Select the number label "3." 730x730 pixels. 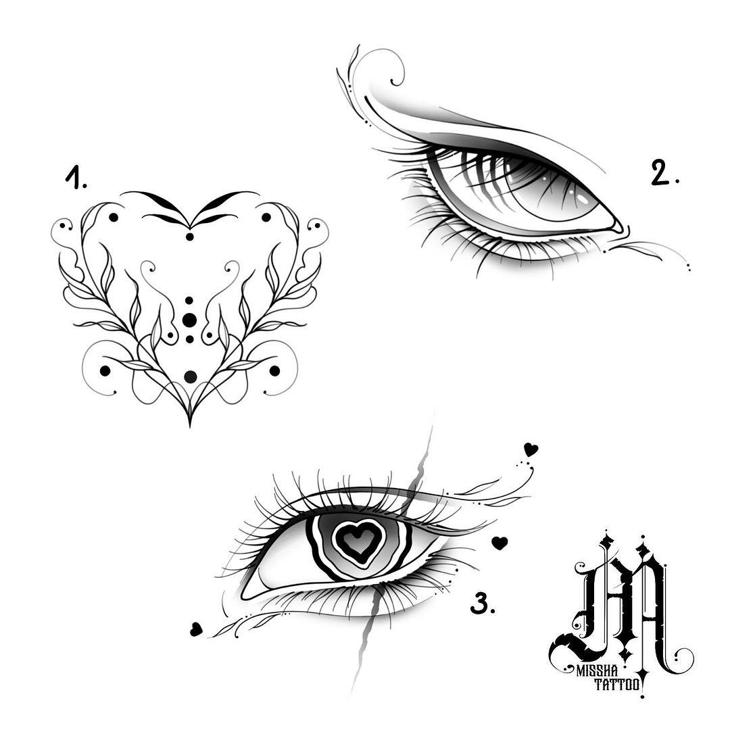[483, 604]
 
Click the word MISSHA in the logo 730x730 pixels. [597, 671]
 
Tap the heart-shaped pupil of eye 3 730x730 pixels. [358, 541]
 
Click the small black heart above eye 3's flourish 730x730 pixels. [531, 449]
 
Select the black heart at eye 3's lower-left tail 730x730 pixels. [196, 629]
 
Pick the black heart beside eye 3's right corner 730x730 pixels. [500, 543]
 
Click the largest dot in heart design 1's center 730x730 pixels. [189, 320]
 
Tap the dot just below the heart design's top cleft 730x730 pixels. [189, 237]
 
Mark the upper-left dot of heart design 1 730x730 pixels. [113, 218]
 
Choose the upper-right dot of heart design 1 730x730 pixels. [266, 218]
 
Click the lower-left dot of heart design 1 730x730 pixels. [105, 370]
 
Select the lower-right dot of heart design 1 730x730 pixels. [274, 370]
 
